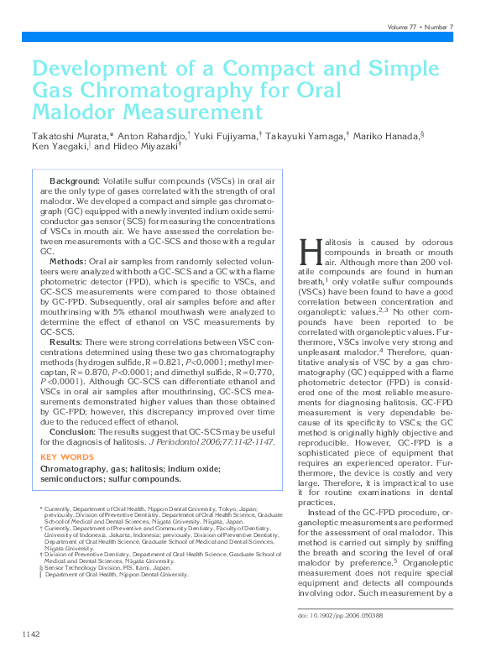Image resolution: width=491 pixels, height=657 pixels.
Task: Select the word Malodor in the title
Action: [72, 112]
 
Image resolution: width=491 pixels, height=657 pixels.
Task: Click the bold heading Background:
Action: [75, 180]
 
